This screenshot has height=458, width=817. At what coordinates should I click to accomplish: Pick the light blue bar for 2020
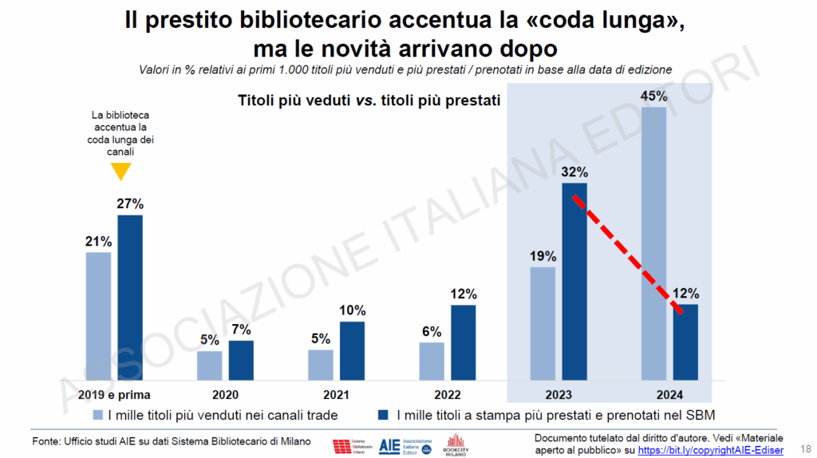click(x=210, y=365)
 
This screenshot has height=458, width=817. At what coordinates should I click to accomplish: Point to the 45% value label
click(x=653, y=97)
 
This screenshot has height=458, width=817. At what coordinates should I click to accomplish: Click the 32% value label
click(x=574, y=172)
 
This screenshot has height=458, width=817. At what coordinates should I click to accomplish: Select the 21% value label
click(x=99, y=241)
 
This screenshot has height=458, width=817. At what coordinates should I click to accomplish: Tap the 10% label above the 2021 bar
click(x=352, y=310)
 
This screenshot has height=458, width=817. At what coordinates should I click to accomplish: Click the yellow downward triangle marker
click(x=120, y=171)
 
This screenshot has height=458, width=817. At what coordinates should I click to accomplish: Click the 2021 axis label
click(x=337, y=394)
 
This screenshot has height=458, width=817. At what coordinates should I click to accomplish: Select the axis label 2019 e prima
click(x=115, y=394)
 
